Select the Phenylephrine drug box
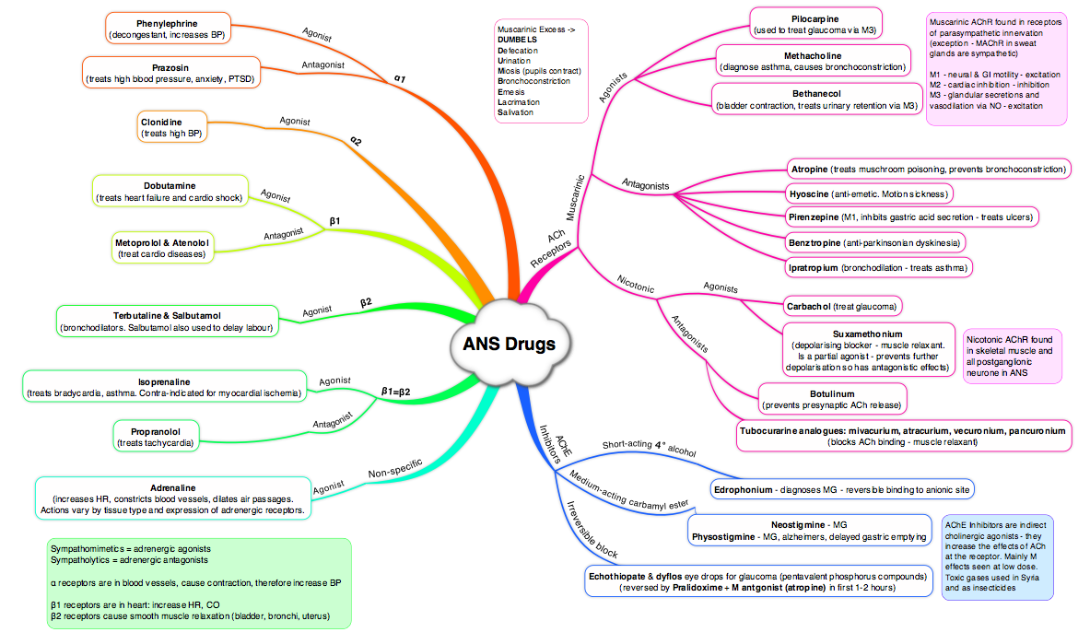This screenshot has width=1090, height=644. pyautogui.click(x=167, y=29)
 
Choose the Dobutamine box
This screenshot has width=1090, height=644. pyautogui.click(x=170, y=191)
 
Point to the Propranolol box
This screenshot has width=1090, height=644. pyautogui.click(x=155, y=437)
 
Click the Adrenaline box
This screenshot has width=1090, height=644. pyautogui.click(x=171, y=498)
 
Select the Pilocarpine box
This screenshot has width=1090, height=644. pyautogui.click(x=815, y=25)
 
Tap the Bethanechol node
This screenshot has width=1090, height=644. pyautogui.click(x=817, y=100)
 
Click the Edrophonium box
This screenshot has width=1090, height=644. pyautogui.click(x=843, y=488)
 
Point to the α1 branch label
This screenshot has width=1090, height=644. pyautogui.click(x=399, y=79)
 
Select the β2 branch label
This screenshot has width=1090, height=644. pyautogui.click(x=366, y=301)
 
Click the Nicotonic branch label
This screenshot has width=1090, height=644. pyautogui.click(x=636, y=288)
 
